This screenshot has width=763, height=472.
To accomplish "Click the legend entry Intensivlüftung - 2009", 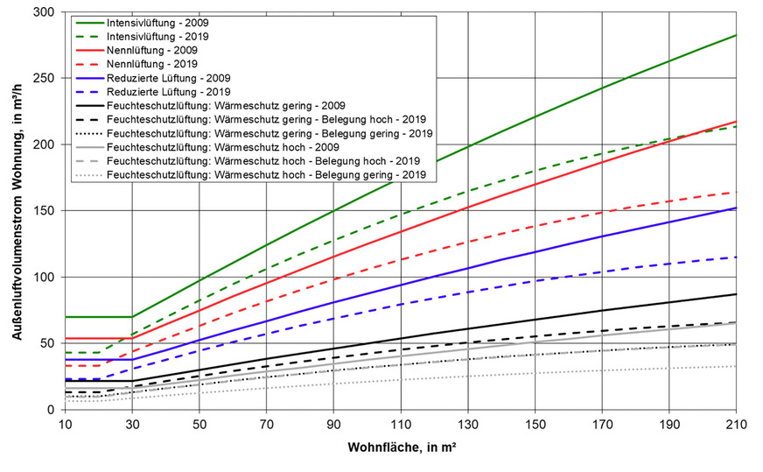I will (x=157, y=21).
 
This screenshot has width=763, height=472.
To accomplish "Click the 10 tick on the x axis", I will (x=65, y=425).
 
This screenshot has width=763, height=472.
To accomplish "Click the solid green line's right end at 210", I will (x=737, y=35).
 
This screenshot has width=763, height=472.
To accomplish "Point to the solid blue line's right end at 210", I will (x=737, y=208).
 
